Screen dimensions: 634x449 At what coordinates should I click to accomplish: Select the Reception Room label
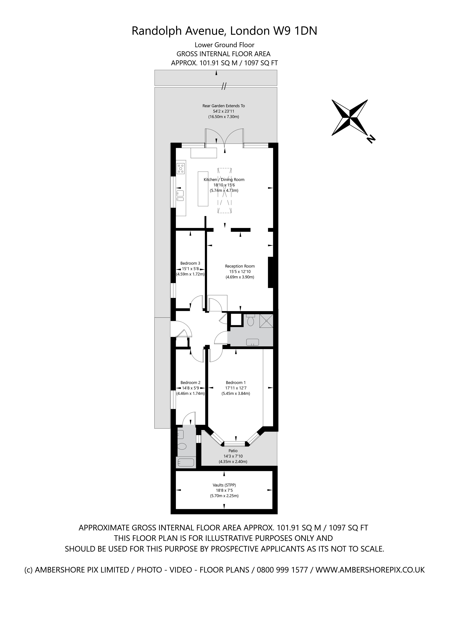pos(240,266)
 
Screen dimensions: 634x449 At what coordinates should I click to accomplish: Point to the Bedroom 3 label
pos(190,263)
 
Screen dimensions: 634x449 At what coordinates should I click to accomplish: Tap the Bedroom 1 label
pos(236,383)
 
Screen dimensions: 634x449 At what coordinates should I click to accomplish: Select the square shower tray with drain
pos(266,321)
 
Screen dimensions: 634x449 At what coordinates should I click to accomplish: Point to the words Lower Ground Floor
pos(224,45)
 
